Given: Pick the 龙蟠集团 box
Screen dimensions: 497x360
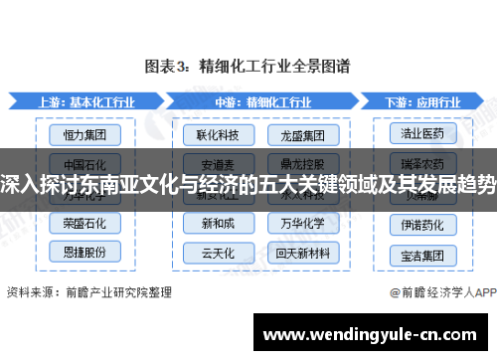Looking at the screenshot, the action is click(x=297, y=132).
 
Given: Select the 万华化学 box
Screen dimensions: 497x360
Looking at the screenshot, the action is click(x=297, y=223).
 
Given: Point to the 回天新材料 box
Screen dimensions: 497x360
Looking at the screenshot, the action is click(x=297, y=252).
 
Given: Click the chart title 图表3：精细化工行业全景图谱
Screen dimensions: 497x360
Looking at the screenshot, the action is click(x=248, y=67).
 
